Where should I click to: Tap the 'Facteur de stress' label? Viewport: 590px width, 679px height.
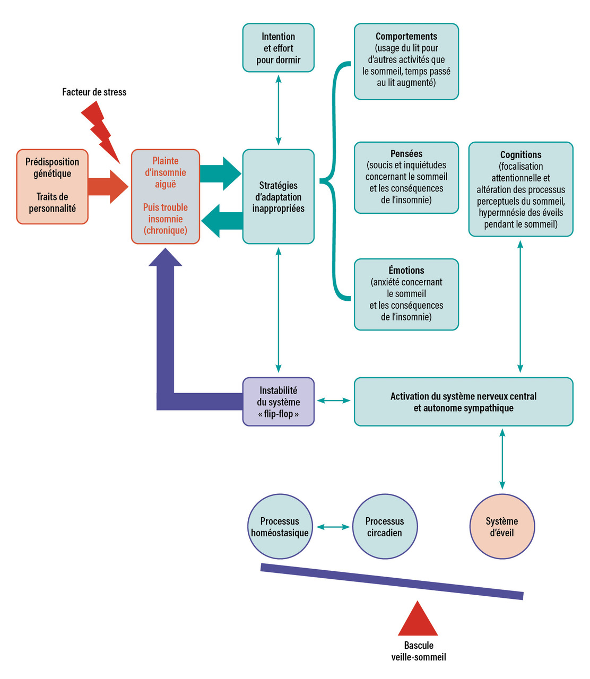point(94,92)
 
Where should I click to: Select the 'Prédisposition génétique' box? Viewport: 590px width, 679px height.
point(53,186)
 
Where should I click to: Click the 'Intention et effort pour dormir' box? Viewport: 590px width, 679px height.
point(279,48)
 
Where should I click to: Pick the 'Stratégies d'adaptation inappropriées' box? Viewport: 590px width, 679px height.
point(279,197)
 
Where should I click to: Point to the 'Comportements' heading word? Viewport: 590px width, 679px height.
point(406,37)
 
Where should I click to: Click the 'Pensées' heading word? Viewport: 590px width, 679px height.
point(406,154)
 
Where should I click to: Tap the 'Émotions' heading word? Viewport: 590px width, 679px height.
point(406,271)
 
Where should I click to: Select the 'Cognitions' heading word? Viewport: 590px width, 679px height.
point(520,155)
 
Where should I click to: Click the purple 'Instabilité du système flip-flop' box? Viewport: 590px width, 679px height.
point(279,402)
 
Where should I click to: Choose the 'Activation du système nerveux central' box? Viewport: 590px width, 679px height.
point(463,402)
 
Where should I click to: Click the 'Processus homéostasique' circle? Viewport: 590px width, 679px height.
point(280,527)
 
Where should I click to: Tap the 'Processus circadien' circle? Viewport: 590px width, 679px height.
point(385,527)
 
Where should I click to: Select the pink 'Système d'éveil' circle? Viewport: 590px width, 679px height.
point(502,527)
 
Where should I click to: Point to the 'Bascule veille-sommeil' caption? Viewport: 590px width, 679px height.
point(419,651)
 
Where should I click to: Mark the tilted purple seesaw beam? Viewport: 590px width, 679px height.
point(392,581)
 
